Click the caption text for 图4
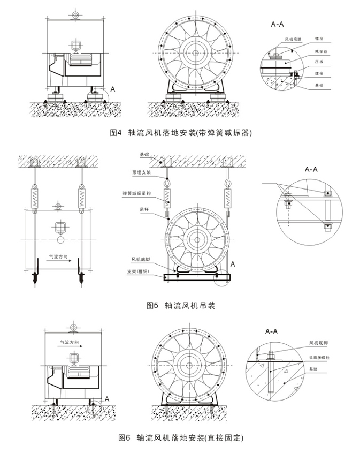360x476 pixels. [180, 132]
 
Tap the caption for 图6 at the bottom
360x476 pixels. [180, 437]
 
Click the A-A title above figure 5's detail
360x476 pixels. [311, 169]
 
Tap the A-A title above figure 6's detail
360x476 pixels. [272, 332]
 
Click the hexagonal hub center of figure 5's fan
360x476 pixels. [198, 238]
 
